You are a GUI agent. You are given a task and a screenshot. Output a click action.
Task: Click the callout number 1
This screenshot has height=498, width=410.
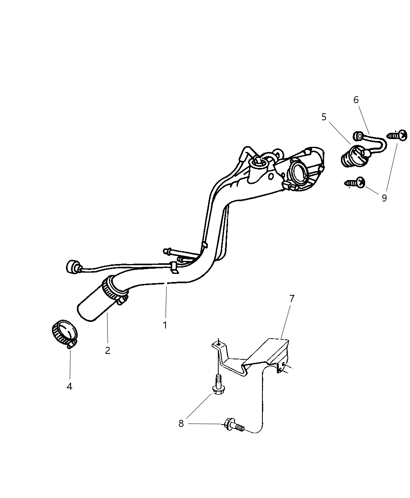tap(165, 325)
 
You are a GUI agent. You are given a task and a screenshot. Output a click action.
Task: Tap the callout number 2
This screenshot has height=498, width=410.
tap(107, 350)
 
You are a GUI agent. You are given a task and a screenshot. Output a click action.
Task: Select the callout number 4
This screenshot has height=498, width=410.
tap(70, 386)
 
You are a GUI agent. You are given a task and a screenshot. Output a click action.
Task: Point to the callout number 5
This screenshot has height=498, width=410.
tap(324, 117)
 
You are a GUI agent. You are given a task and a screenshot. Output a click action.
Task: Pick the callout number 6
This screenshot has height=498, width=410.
tap(356, 100)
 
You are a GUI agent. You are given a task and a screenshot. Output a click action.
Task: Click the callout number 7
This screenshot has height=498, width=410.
tap(292, 298)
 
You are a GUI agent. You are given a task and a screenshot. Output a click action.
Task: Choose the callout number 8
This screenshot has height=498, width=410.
tap(181, 423)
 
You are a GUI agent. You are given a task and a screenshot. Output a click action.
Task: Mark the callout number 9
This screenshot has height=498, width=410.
tap(384, 198)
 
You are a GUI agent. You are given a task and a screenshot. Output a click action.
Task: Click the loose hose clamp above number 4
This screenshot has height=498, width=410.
tap(64, 333)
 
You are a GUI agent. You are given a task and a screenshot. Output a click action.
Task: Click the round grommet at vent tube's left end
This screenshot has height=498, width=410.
tap(72, 267)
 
